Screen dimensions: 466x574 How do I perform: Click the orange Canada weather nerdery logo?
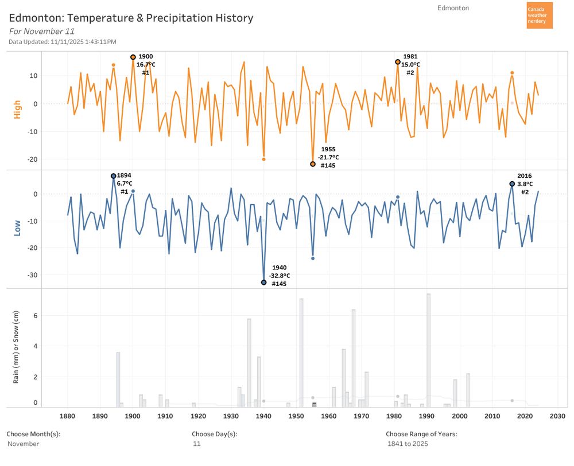(540, 15)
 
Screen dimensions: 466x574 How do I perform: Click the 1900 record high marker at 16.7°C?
(133, 57)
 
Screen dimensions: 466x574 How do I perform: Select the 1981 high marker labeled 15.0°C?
(398, 62)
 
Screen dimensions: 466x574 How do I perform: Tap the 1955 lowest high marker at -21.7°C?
(313, 164)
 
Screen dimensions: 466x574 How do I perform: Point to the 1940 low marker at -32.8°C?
(264, 283)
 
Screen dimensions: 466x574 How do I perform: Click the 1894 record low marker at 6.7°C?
(114, 176)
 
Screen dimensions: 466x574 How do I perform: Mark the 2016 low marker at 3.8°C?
(512, 184)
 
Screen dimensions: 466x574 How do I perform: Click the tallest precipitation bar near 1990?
(428, 350)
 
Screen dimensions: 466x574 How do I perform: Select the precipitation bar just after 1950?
(301, 353)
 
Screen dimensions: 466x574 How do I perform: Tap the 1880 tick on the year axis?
(68, 417)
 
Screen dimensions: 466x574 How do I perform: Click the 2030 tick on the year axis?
(557, 417)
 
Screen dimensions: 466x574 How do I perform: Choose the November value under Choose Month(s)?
(24, 444)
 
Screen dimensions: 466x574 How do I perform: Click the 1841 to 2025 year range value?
(408, 444)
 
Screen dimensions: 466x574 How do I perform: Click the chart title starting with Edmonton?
(131, 18)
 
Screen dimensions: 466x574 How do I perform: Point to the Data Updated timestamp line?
(63, 42)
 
